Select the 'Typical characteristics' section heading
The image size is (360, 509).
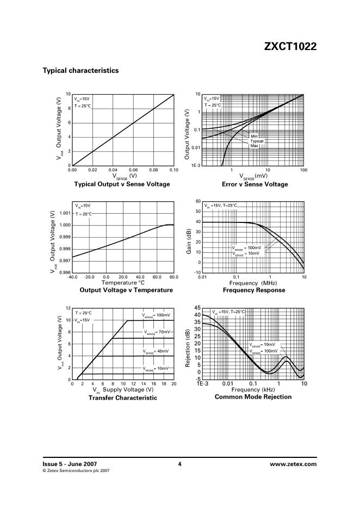click(80, 71)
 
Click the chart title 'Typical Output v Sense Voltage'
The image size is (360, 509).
click(122, 184)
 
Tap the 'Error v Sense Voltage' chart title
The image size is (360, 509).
click(253, 184)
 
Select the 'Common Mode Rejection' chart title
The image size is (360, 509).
click(253, 397)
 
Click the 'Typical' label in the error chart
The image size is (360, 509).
click(257, 141)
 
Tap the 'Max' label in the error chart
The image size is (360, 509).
click(254, 146)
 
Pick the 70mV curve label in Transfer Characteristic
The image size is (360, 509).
click(157, 332)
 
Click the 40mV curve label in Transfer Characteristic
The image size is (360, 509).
click(157, 351)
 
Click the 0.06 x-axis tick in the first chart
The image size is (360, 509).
click(133, 170)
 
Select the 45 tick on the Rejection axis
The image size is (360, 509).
click(197, 308)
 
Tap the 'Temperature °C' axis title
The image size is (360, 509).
click(123, 283)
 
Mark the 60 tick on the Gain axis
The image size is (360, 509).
click(198, 201)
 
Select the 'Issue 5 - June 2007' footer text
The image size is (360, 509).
click(66, 464)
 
